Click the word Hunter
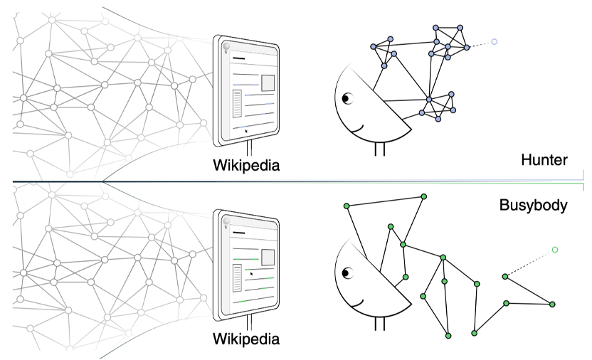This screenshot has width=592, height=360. coord(544,160)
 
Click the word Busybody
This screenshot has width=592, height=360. coord(533,206)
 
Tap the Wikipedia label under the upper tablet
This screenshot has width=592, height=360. coord(246,166)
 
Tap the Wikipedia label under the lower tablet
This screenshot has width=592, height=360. coord(246,339)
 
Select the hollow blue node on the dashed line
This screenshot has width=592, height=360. coord(494,42)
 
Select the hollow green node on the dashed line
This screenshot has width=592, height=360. coord(554,250)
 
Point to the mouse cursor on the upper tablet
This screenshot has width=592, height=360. coord(246,129)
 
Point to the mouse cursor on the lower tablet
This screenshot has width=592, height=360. coord(251,272)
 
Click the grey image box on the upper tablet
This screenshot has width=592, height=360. coord(268,83)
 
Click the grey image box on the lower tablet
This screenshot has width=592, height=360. coord(268,258)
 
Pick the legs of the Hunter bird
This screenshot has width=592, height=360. coord(380,149)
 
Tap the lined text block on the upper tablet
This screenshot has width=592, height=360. coord(238,104)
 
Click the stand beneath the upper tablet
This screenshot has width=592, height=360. coord(249,147)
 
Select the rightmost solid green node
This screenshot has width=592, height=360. coord(552,305)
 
